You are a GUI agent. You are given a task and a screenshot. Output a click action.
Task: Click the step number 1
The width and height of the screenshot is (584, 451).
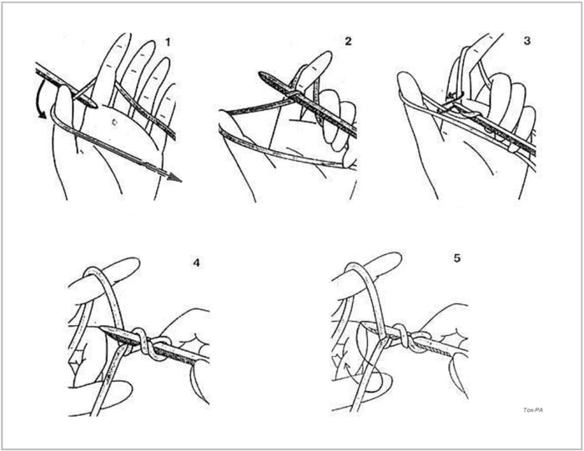[x=168, y=43]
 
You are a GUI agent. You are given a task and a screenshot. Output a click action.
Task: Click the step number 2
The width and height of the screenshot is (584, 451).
[x=348, y=41]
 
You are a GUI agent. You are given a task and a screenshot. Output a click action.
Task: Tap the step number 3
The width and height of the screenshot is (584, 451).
[x=527, y=41]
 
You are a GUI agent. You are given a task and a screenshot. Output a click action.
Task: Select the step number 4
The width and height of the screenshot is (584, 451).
[x=196, y=263]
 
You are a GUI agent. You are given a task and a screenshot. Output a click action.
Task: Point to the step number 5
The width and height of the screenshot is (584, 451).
[x=457, y=258]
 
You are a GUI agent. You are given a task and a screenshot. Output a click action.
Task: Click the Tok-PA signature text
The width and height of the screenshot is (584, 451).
[x=533, y=410]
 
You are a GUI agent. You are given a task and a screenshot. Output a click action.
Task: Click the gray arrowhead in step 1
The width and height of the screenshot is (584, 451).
[x=174, y=178]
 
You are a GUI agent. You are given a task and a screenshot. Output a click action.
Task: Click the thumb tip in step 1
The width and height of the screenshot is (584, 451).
[x=64, y=89]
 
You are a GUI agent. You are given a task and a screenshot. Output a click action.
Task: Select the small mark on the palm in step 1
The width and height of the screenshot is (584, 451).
[x=115, y=121]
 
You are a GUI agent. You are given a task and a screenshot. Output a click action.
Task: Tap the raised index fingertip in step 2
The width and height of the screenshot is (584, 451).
[x=324, y=56]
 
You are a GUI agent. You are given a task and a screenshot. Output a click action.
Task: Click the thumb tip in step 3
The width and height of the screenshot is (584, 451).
[x=405, y=78]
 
